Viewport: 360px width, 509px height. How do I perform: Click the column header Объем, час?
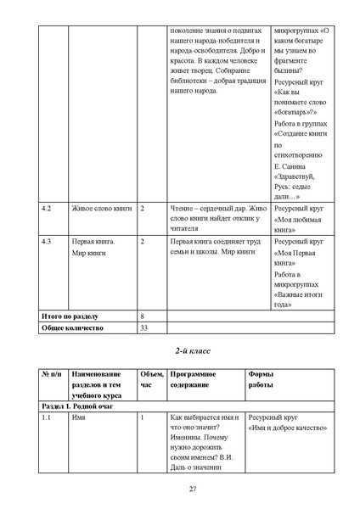point(151,379)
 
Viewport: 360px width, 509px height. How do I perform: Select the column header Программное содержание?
point(194,379)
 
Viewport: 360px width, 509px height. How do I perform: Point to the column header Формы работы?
point(261,379)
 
